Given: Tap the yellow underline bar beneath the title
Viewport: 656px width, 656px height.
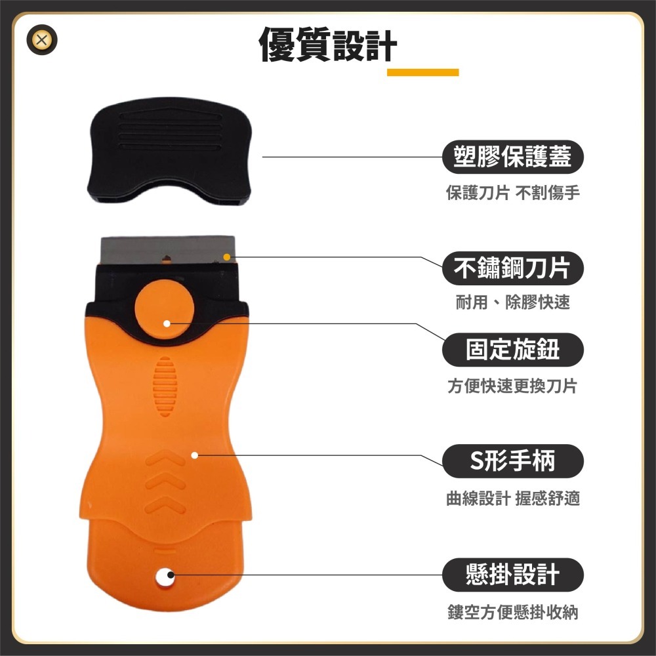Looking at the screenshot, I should click(x=422, y=72).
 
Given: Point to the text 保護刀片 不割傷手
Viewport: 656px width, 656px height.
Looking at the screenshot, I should click(x=512, y=193).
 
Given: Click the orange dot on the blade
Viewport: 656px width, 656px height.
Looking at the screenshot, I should click(x=226, y=257).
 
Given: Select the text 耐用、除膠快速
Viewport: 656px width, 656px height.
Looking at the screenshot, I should click(x=512, y=302).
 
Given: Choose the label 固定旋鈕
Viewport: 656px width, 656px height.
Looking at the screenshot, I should click(x=512, y=350).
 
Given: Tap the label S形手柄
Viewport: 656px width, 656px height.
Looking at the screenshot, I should click(x=512, y=461).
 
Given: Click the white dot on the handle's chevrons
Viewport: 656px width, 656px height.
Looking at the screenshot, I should click(x=195, y=455).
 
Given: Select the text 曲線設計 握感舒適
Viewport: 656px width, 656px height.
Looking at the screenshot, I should click(x=512, y=499).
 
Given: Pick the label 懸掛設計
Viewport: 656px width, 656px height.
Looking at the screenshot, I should click(x=512, y=575).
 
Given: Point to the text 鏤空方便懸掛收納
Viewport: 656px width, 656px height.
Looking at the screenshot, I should click(x=512, y=613).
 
